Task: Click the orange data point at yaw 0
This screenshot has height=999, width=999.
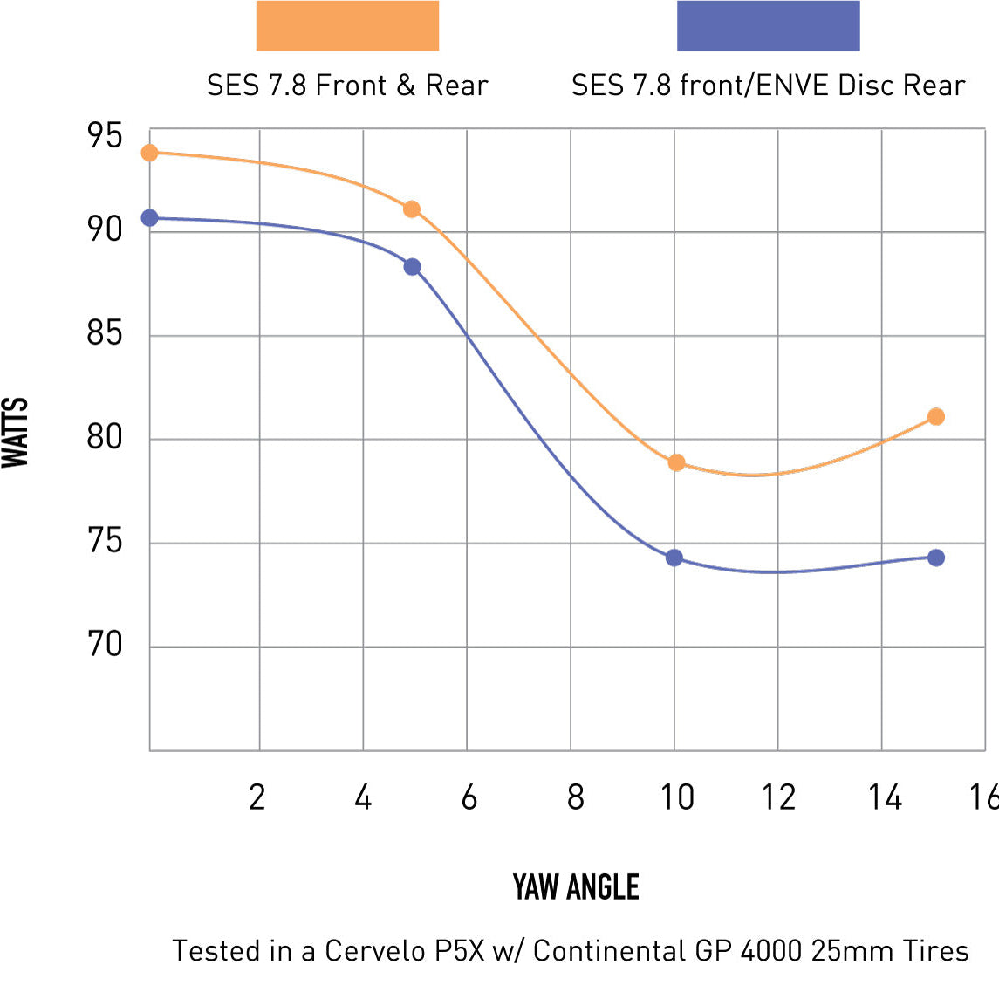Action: click(149, 153)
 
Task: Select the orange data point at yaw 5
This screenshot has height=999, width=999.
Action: click(412, 209)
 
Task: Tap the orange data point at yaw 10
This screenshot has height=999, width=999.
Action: click(676, 462)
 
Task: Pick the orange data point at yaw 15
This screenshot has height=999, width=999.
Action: click(936, 417)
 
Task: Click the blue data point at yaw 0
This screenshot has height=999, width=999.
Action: click(149, 218)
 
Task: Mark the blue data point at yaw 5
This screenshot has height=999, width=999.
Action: click(412, 267)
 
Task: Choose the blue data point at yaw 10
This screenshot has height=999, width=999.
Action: click(674, 558)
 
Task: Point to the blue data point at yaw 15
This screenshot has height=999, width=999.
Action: click(936, 558)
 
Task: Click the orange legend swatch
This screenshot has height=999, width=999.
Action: click(347, 26)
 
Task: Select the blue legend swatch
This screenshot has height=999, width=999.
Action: click(768, 26)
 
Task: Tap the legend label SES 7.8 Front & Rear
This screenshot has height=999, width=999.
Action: click(347, 86)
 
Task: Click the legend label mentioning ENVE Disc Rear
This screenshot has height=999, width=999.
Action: click(768, 86)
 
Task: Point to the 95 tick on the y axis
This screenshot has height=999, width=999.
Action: click(105, 136)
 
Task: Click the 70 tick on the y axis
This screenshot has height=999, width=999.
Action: click(105, 645)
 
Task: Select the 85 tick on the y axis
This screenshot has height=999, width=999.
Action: click(105, 333)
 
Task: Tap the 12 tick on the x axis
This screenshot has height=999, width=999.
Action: click(778, 797)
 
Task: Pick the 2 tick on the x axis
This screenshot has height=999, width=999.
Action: click(257, 797)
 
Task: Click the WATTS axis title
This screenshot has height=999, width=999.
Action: click(16, 433)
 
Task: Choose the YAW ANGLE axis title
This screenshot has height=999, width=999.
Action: click(576, 887)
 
